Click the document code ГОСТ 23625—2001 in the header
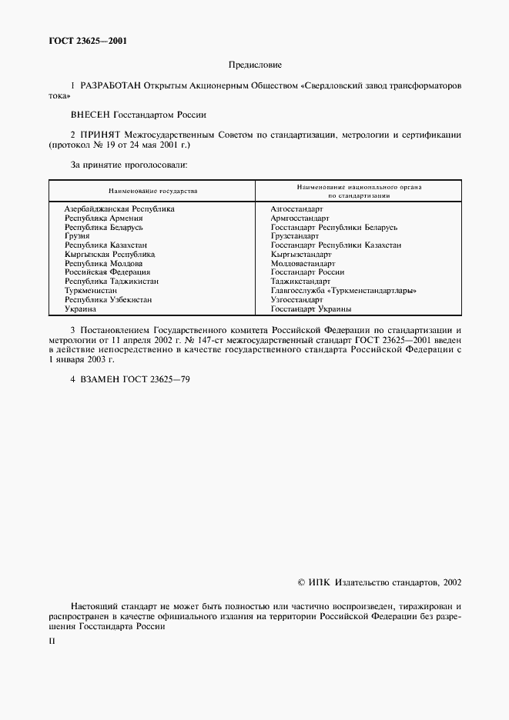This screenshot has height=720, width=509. pyautogui.click(x=85, y=42)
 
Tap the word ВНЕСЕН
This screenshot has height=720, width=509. pyautogui.click(x=90, y=114)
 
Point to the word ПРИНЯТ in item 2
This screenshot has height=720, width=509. pyautogui.click(x=97, y=135)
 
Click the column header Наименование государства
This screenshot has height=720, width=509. pyautogui.click(x=152, y=190)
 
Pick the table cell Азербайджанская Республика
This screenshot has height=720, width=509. pyautogui.click(x=119, y=208)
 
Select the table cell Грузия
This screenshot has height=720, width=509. pyautogui.click(x=77, y=236)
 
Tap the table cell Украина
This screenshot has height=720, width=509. pyautogui.click(x=80, y=308)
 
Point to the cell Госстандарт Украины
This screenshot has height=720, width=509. pyautogui.click(x=311, y=308)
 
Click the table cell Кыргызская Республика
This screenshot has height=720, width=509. pyautogui.click(x=110, y=254)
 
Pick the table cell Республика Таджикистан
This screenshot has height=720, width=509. pyautogui.click(x=111, y=282)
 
